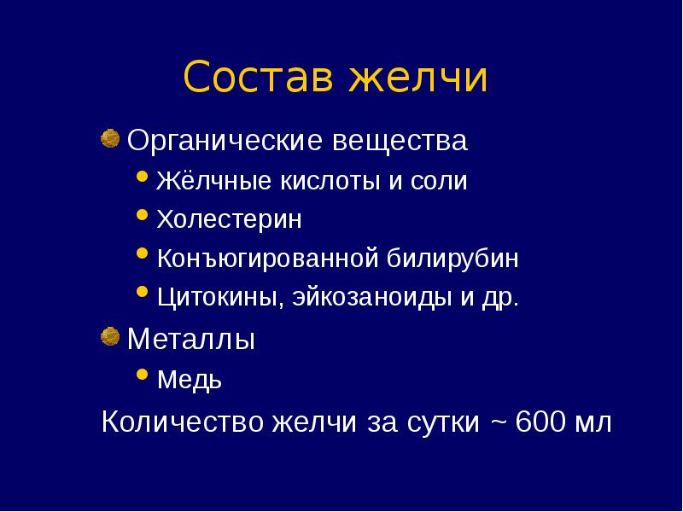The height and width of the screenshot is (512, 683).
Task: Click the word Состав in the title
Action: click(x=259, y=77)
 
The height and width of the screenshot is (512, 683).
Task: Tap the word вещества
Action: click(x=400, y=141)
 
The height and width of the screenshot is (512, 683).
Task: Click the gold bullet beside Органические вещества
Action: click(x=110, y=138)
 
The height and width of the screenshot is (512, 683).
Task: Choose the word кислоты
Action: click(x=330, y=181)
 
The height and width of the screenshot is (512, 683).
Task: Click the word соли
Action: click(x=439, y=182)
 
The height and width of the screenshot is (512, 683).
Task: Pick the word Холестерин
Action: click(x=229, y=219)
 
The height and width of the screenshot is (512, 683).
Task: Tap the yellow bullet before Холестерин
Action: click(x=142, y=215)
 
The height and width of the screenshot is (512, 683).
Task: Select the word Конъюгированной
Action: click(x=268, y=258)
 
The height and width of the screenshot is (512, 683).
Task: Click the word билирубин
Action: click(x=452, y=258)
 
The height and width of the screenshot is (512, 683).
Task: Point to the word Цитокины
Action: click(x=218, y=297)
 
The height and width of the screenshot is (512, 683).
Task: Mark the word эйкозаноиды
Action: click(x=372, y=297)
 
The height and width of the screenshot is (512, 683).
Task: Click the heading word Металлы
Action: click(x=190, y=339)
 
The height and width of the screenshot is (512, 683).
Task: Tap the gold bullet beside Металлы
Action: click(x=110, y=336)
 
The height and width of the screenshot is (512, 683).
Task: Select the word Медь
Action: click(x=190, y=379)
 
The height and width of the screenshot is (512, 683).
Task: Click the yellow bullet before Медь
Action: click(x=142, y=375)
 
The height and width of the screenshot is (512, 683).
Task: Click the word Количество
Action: click(x=183, y=422)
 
